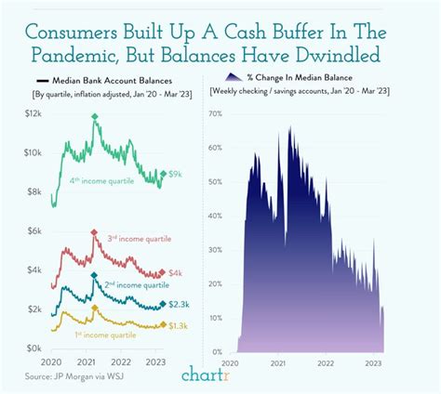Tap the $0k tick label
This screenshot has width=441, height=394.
(x=34, y=348)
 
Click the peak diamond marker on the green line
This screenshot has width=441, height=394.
(x=95, y=116)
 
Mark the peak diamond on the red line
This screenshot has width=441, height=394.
(x=95, y=232)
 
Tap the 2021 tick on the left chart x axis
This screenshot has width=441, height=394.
(x=87, y=362)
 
